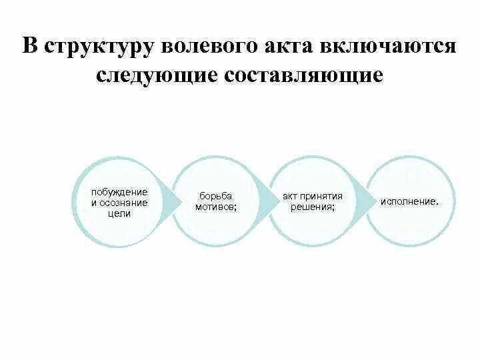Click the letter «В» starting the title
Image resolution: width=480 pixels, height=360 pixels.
(x=29, y=47)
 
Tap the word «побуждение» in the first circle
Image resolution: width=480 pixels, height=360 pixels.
(x=119, y=192)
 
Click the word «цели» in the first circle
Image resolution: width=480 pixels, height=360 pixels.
(x=119, y=213)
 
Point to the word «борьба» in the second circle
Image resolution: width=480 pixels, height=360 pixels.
(x=215, y=197)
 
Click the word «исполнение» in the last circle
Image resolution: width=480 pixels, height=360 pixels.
(x=408, y=201)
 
